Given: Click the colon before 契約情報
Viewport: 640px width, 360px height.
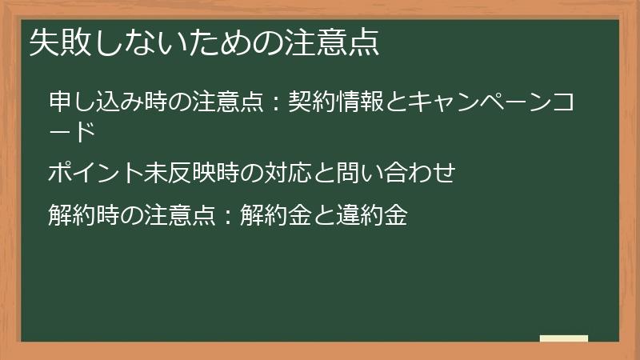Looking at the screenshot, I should (276, 104).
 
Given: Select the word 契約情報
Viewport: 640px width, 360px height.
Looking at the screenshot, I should (334, 103).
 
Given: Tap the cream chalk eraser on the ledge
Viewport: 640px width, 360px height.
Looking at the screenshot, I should (564, 339).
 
